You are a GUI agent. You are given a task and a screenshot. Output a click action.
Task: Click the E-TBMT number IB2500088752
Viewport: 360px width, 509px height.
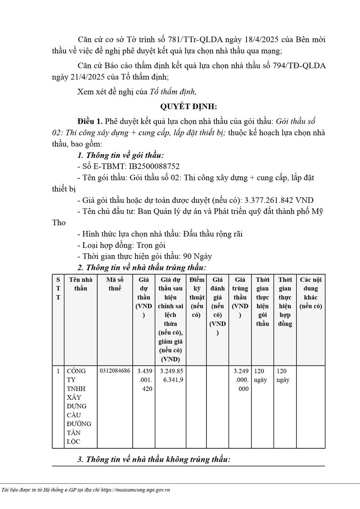click(x=155, y=166)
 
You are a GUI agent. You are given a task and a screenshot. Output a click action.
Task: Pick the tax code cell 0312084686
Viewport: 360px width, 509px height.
click(x=115, y=371)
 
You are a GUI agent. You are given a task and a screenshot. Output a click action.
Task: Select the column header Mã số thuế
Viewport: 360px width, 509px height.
click(x=115, y=284)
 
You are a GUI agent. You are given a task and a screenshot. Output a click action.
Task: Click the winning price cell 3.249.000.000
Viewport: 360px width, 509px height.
click(x=240, y=380)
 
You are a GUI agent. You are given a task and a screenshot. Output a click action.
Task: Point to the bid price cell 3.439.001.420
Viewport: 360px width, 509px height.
click(x=144, y=380)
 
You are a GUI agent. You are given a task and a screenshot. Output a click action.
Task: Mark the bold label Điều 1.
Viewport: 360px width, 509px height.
click(x=90, y=121)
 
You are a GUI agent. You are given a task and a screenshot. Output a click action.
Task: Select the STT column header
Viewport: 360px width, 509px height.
click(x=58, y=288)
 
